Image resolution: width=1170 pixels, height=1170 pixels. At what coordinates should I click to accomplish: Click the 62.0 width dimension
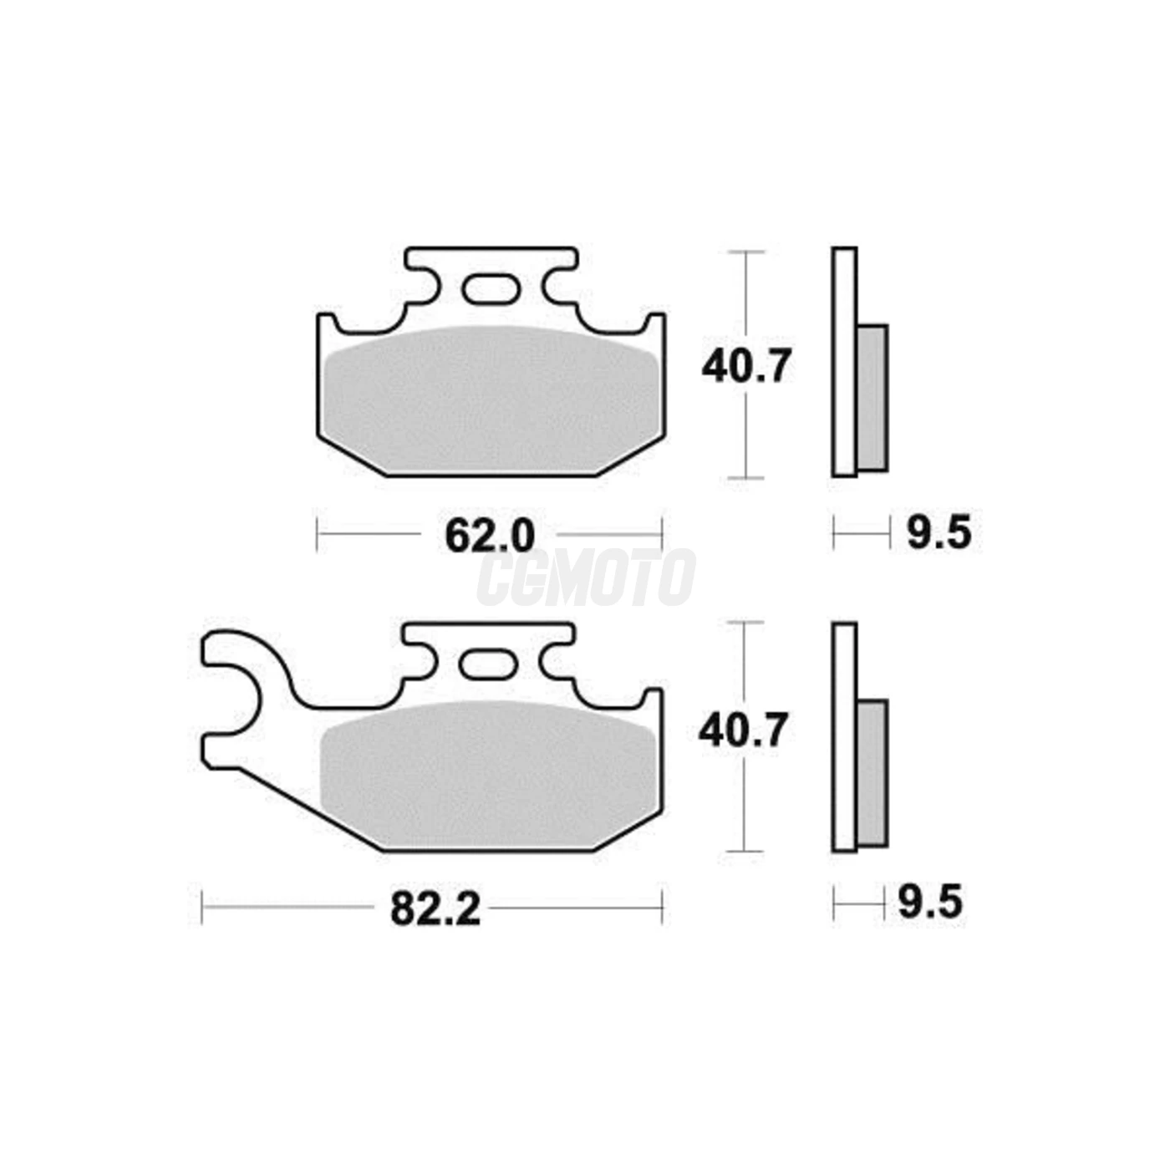[490, 535]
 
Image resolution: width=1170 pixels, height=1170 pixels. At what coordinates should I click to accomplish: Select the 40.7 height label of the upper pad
[746, 366]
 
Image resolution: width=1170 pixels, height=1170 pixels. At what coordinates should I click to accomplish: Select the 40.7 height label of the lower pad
[743, 731]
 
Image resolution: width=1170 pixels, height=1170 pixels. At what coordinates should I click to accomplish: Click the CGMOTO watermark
[586, 577]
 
